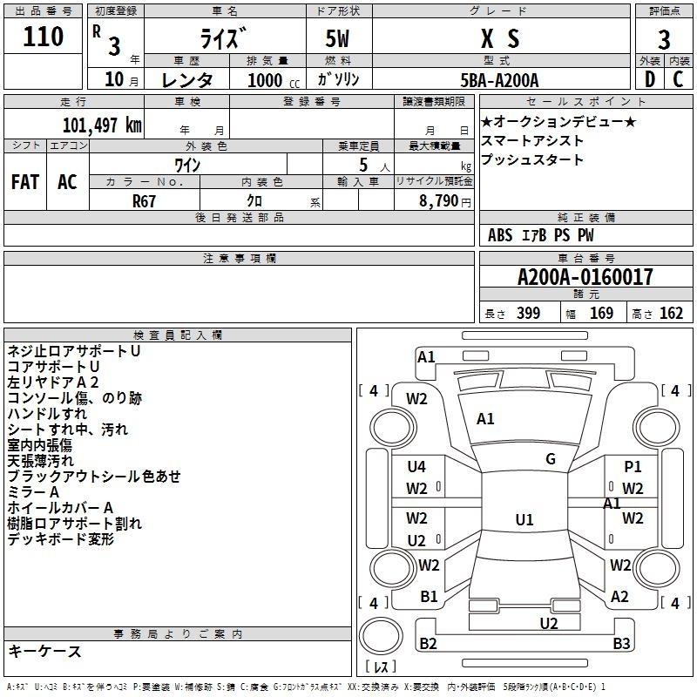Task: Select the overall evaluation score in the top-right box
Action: [x=664, y=39]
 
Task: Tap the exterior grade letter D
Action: [x=649, y=78]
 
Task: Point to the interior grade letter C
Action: [x=678, y=78]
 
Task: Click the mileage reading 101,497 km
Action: [x=102, y=124]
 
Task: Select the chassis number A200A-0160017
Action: [x=585, y=277]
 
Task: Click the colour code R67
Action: [x=145, y=200]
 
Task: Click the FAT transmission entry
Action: [x=24, y=181]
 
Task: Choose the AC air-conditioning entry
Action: [x=67, y=181]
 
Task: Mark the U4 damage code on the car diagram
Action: [x=416, y=466]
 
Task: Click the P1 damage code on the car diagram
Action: [x=633, y=467]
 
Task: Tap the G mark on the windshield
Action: [x=550, y=458]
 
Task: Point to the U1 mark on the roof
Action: [x=524, y=519]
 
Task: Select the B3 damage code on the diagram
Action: [x=620, y=644]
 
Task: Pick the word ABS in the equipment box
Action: [x=500, y=234]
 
